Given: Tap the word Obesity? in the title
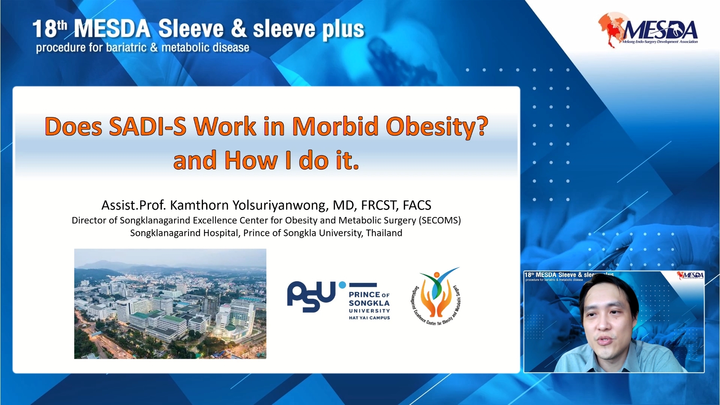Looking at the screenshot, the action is click(437, 127).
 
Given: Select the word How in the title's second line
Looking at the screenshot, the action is click(251, 160).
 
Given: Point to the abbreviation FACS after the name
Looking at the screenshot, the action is click(417, 205).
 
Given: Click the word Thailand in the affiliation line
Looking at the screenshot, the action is click(384, 233).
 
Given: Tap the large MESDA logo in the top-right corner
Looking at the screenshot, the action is click(648, 30).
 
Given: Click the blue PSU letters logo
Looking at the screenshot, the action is click(311, 296).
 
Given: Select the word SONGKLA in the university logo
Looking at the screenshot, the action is click(369, 303).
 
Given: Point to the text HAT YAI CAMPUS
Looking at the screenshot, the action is click(369, 318).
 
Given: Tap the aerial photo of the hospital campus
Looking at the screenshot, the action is click(170, 304).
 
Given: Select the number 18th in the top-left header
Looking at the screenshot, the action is click(49, 29).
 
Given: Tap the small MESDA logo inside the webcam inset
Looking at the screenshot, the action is click(690, 276).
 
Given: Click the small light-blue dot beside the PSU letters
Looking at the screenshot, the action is click(342, 285).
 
